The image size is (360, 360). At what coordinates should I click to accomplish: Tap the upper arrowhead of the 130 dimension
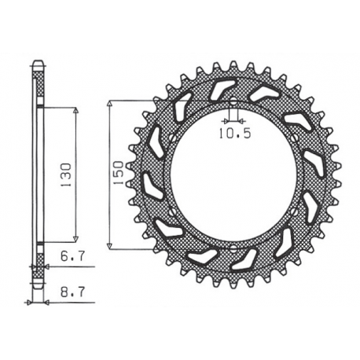point(76,110)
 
